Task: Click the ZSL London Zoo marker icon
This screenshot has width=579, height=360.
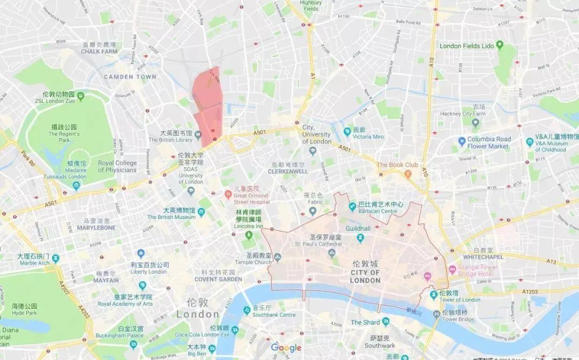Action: point(81,96)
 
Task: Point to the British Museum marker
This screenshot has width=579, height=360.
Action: point(201,213)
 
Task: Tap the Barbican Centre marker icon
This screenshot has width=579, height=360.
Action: point(352,207)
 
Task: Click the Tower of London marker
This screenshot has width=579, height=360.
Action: point(433,296)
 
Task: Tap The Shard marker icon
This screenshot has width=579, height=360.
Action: point(385,322)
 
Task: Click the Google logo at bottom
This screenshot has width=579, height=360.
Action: point(286,348)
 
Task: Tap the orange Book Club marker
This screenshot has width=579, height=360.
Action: point(408,174)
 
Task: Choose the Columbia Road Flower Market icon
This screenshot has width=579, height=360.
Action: point(462,142)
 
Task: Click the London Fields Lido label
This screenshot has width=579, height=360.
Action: point(466,46)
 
